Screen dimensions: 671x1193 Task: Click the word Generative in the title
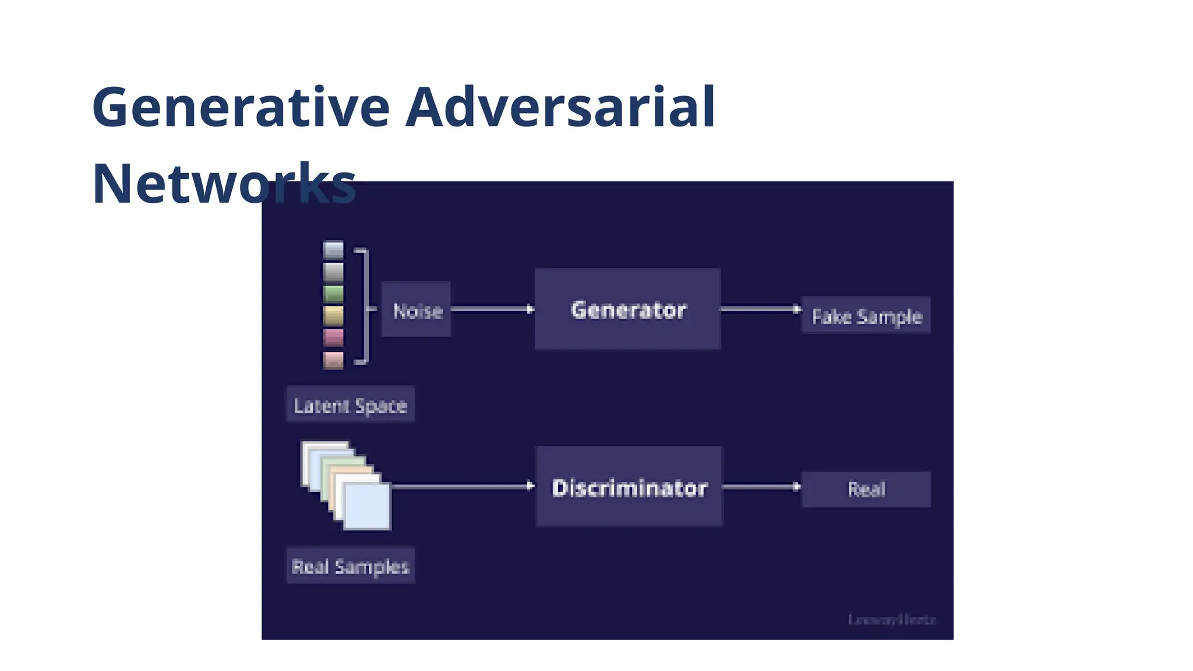[x=241, y=108]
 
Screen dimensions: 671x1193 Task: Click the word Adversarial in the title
[x=560, y=108]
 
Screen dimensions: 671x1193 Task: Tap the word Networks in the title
[x=224, y=184]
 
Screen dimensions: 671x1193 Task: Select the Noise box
[x=417, y=310]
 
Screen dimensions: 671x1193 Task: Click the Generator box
[x=627, y=309]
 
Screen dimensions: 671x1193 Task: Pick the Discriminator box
[x=629, y=487]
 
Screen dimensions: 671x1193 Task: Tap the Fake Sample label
[x=866, y=316]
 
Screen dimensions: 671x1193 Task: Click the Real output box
[x=866, y=489]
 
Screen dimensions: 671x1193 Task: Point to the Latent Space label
[x=350, y=405]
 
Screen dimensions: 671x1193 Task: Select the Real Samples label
[x=350, y=566]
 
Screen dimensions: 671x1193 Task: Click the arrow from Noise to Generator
[x=492, y=309]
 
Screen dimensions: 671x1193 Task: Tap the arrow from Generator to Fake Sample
[x=761, y=309]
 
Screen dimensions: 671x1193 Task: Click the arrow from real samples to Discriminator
[x=463, y=486]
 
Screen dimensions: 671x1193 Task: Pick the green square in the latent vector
[x=333, y=294]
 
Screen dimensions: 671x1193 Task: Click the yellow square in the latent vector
[x=333, y=316]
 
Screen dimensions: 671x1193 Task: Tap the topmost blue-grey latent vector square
[x=333, y=250]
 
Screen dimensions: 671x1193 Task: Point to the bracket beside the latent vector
[x=364, y=306]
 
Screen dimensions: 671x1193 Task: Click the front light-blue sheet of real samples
[x=367, y=506]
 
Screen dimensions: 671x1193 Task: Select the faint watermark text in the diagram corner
[x=891, y=620]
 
